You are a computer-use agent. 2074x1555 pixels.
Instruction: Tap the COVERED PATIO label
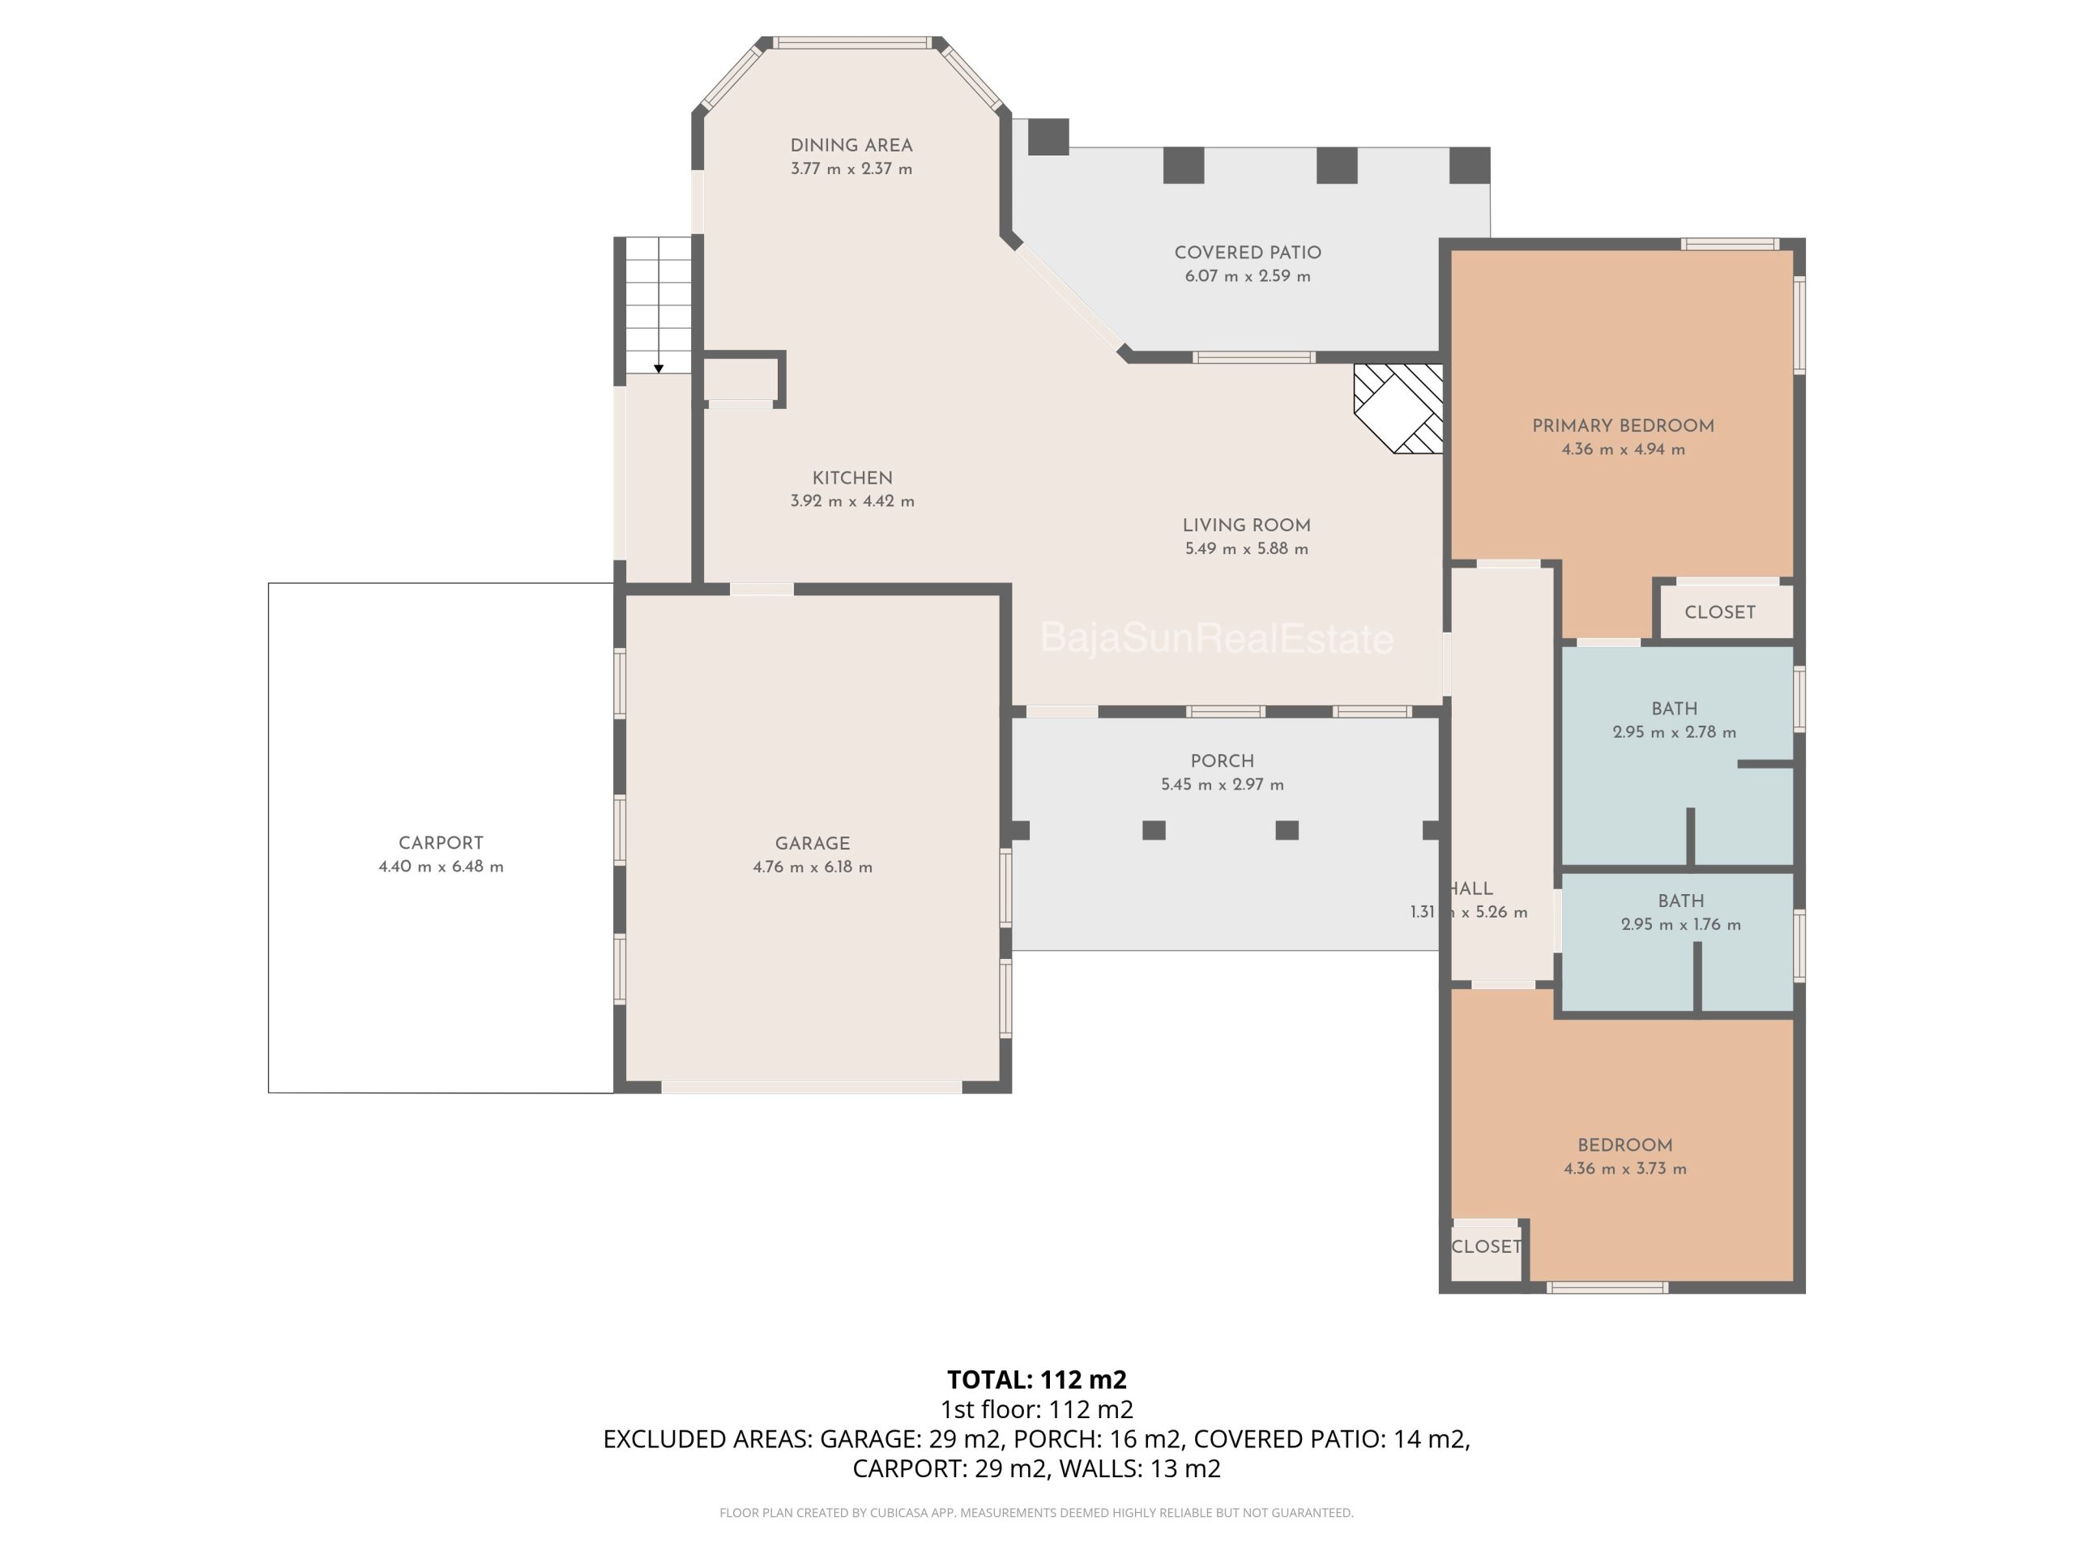(x=1248, y=252)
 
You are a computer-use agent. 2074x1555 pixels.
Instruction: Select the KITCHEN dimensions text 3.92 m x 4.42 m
(x=852, y=501)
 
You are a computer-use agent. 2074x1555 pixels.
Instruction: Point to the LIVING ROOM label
(x=1246, y=526)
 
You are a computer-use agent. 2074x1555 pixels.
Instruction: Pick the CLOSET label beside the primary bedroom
(x=1720, y=612)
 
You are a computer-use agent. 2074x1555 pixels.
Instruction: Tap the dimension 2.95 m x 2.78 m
(x=1675, y=732)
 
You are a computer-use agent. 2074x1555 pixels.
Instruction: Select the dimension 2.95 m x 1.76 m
(x=1681, y=924)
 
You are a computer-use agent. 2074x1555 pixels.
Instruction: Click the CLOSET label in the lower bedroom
(x=1486, y=1246)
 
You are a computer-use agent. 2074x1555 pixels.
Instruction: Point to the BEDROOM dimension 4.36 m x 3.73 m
(x=1625, y=1169)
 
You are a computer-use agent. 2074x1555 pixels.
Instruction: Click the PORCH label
(x=1223, y=761)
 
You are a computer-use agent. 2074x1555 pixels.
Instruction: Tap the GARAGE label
(x=813, y=844)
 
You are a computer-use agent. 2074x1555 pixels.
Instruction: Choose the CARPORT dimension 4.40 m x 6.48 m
(x=441, y=867)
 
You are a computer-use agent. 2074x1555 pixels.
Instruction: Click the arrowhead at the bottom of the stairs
(x=659, y=369)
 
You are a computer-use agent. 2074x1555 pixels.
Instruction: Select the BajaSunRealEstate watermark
(x=1217, y=639)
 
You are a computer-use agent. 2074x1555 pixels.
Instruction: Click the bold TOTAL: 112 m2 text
(x=1037, y=1380)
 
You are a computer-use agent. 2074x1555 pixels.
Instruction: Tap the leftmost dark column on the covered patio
(x=1048, y=137)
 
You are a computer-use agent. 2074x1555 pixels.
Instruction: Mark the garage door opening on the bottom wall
(x=812, y=1087)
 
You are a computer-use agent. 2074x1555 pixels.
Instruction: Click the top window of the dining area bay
(x=852, y=42)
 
